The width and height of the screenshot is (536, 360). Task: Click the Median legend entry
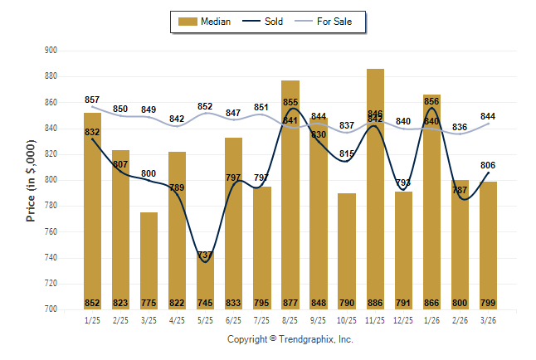tap(206, 22)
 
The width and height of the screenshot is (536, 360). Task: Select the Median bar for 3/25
tap(149, 260)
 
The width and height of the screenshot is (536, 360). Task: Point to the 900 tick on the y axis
tap(51, 51)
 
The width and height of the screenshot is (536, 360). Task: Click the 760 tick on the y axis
tap(51, 231)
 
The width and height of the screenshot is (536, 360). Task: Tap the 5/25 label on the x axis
tap(205, 320)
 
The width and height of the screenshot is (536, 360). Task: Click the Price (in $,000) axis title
tap(32, 178)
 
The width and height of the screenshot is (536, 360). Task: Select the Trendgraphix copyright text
tap(290, 339)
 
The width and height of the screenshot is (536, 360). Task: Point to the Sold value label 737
tap(205, 255)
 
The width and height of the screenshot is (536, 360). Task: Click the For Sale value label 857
tap(92, 100)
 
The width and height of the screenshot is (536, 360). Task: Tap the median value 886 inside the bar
tap(375, 303)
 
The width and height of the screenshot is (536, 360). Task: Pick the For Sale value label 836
tap(460, 127)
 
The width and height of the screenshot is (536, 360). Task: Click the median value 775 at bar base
tap(149, 303)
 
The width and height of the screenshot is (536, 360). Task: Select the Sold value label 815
tap(347, 153)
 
